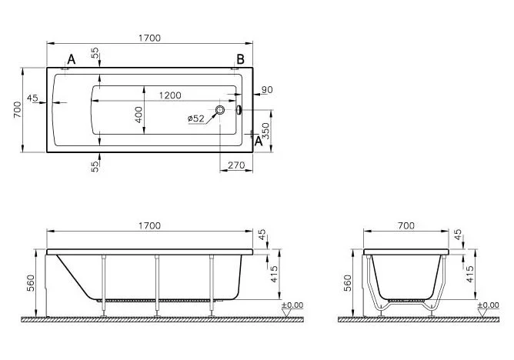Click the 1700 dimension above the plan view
pos(150,38)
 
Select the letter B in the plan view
pos(240,59)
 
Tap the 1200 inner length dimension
pos(170,95)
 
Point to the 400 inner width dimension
pos(139,115)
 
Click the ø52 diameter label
pos(196,118)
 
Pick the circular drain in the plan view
pos(220,110)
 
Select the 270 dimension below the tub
pos(236,165)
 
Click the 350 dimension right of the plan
pos(265,131)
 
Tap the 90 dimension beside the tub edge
pos(267,89)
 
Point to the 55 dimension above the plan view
pos(95,53)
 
